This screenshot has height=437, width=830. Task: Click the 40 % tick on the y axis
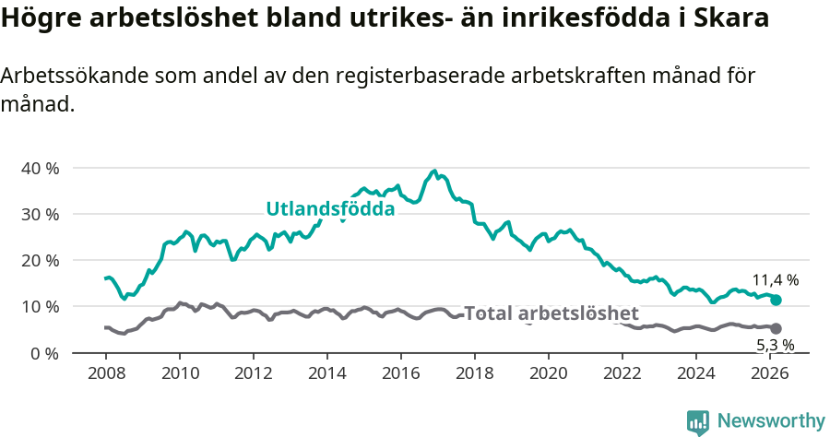[x=40, y=168]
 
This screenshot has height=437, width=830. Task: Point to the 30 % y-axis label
[x=40, y=214]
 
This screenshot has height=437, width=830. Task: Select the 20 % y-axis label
[x=40, y=260]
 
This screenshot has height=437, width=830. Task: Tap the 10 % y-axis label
[x=40, y=306]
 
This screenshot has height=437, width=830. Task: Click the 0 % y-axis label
[x=43, y=352]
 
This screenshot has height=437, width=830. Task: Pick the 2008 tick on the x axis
[x=106, y=373]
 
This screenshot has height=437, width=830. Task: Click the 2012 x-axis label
[x=254, y=373]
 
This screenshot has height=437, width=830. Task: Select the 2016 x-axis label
[x=401, y=373]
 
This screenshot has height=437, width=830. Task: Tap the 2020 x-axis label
[x=549, y=373]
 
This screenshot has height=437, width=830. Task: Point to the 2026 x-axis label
[x=770, y=373]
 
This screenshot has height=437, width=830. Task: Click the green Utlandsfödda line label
[x=330, y=209]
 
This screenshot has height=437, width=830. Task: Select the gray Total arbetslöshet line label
[x=551, y=313]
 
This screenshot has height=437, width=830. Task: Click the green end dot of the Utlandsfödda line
[x=776, y=300]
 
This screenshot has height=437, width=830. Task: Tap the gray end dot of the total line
[x=776, y=328]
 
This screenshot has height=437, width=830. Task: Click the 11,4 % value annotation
[x=775, y=279]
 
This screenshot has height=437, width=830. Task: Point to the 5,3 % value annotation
[x=775, y=345]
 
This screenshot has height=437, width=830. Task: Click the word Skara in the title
[x=734, y=18]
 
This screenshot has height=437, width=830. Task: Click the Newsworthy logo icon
[x=698, y=421]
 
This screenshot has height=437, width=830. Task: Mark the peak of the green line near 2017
[x=434, y=171]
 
